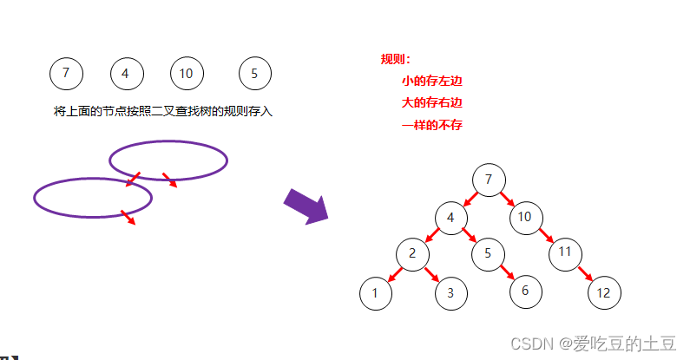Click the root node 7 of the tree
click(x=489, y=180)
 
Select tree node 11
click(x=565, y=253)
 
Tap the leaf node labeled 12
click(x=603, y=292)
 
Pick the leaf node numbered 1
click(x=375, y=293)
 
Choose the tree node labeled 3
click(x=450, y=293)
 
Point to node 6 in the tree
click(x=525, y=291)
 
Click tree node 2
click(x=412, y=253)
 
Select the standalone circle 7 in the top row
click(x=66, y=74)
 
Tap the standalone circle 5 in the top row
click(x=254, y=74)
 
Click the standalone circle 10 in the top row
click(x=186, y=74)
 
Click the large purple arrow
click(x=306, y=207)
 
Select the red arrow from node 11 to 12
click(x=585, y=273)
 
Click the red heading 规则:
click(x=395, y=60)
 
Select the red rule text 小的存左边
click(x=431, y=82)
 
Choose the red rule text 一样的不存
click(x=431, y=126)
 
